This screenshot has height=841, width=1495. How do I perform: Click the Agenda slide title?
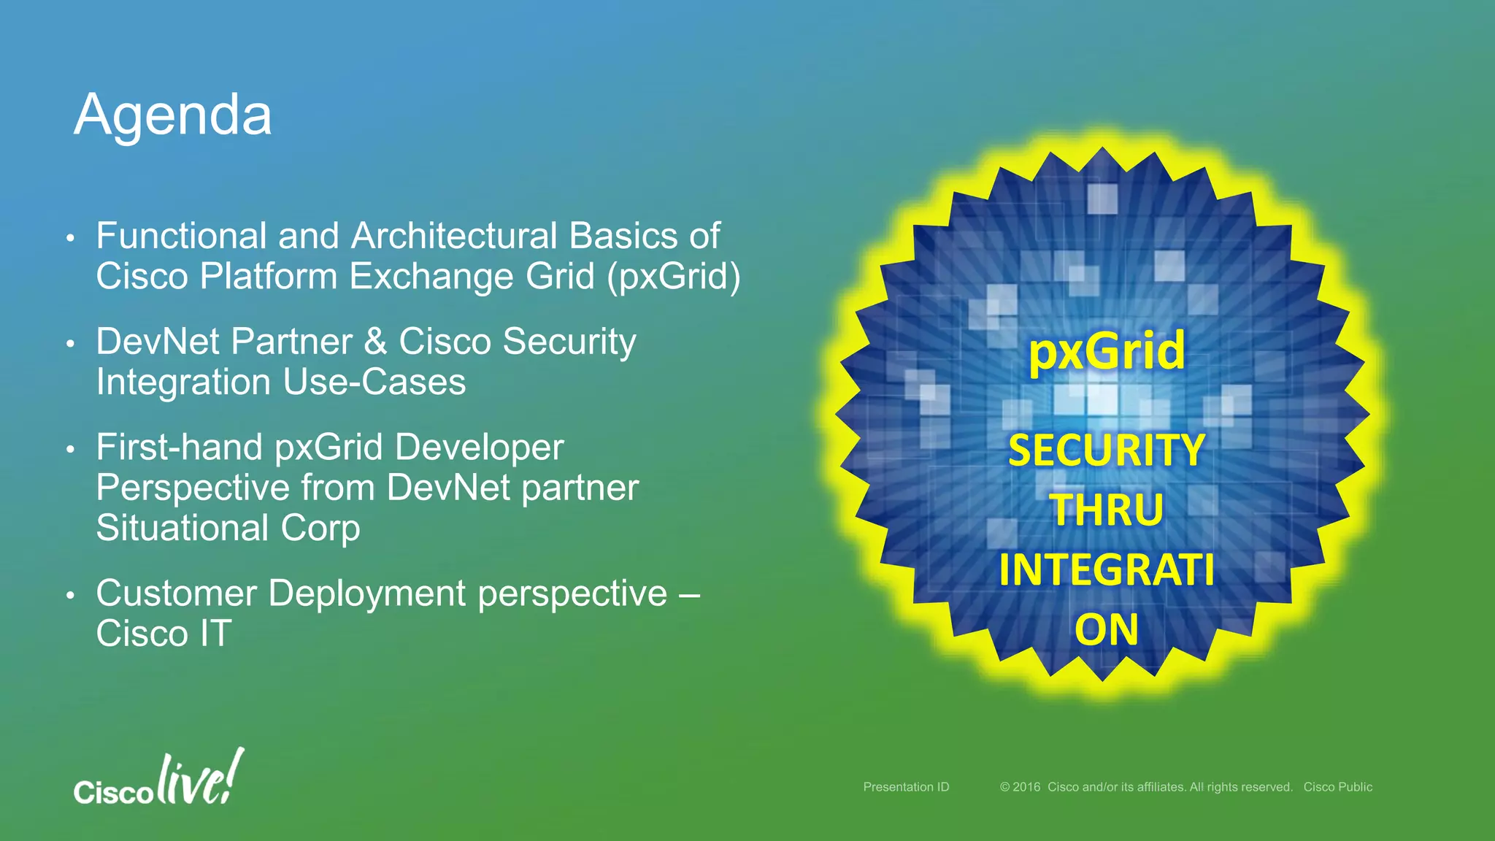click(173, 115)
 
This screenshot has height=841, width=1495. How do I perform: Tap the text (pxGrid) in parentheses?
click(673, 277)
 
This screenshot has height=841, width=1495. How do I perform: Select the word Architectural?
click(454, 236)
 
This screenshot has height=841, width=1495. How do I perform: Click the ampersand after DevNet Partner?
click(375, 342)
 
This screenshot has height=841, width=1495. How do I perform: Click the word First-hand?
click(179, 447)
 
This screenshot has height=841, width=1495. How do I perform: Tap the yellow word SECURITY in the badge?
click(1107, 450)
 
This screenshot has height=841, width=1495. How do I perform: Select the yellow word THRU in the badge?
click(1107, 510)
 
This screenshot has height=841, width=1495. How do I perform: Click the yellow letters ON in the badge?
click(1107, 629)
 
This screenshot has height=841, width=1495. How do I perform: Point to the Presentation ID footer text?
click(906, 787)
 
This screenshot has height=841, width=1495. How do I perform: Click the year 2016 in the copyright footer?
click(1026, 787)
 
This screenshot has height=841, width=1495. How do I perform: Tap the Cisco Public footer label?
click(1337, 787)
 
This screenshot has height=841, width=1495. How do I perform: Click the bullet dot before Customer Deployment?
click(70, 596)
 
